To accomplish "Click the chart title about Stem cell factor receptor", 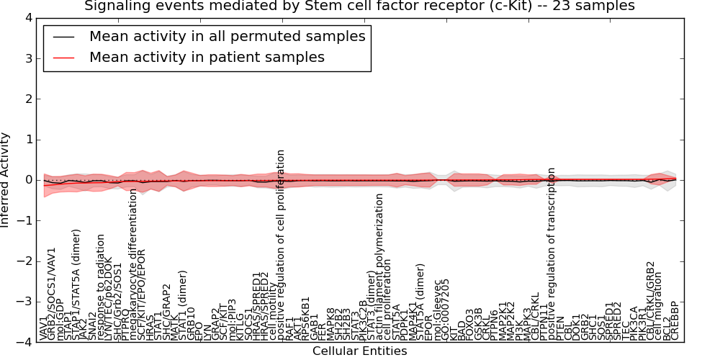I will [359, 6].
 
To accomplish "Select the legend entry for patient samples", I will [207, 57].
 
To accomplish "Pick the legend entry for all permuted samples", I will [227, 36].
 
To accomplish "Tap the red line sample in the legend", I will [63, 57].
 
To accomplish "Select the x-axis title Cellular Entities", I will [359, 351].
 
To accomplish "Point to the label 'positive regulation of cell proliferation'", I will [282, 245].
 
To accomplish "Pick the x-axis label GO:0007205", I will [445, 309].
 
